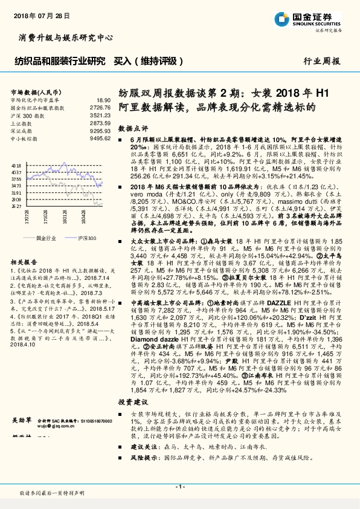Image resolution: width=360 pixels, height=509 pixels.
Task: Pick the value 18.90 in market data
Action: (x=103, y=100)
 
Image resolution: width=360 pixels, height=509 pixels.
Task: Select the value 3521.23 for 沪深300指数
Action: (x=100, y=114)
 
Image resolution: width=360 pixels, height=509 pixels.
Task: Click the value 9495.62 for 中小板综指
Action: (x=100, y=138)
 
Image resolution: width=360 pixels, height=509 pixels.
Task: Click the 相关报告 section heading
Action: (x=25, y=262)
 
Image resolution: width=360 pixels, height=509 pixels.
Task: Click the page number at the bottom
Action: (x=179, y=487)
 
